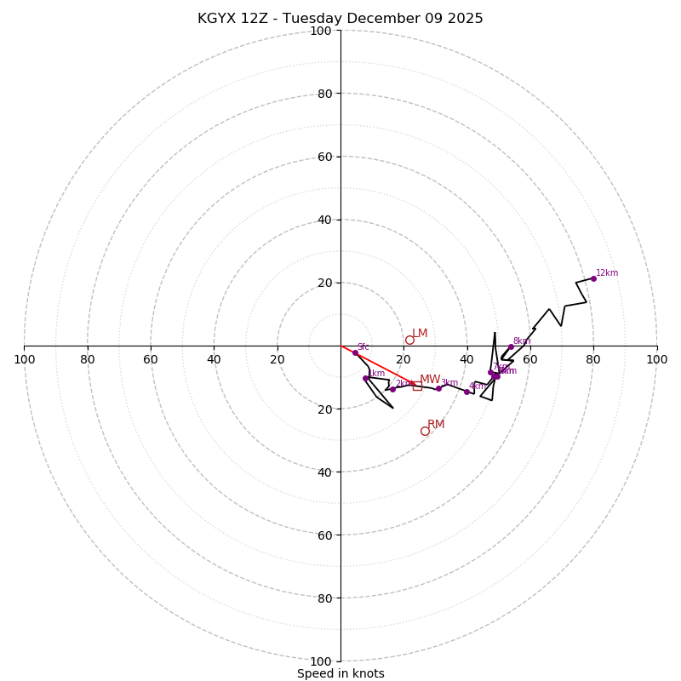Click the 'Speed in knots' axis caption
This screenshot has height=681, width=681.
click(340, 673)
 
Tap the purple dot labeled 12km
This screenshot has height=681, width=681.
click(593, 278)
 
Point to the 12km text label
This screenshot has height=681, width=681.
click(607, 273)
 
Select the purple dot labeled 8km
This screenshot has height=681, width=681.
click(511, 346)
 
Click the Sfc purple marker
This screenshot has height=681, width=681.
click(355, 352)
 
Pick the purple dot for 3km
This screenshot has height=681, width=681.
click(438, 388)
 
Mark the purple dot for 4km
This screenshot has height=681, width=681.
click(466, 392)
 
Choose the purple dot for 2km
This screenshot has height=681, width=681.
click(392, 389)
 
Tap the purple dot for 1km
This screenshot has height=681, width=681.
click(365, 378)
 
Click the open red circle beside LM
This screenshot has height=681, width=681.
click(409, 340)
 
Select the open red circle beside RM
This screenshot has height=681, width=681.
click(425, 431)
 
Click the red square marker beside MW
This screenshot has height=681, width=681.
click(417, 386)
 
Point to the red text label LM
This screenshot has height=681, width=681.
click(420, 334)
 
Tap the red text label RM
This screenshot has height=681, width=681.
click(436, 425)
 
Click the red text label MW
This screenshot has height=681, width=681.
click(430, 380)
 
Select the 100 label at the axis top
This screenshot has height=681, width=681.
click(321, 31)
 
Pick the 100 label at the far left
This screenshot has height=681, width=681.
click(24, 359)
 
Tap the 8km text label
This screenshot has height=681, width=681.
click(522, 341)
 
